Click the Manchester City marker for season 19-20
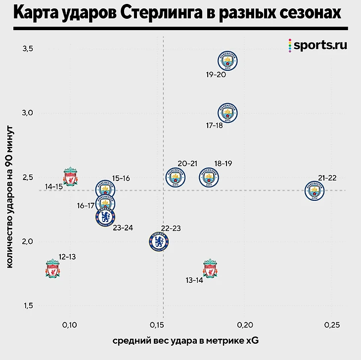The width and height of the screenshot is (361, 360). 228,61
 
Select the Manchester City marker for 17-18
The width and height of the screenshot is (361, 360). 228,113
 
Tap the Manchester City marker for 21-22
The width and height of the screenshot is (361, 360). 315,190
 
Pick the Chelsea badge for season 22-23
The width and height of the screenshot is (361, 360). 158,242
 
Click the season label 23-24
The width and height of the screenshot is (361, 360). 122,228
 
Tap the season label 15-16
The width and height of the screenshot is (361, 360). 121,178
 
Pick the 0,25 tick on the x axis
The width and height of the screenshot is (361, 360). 331,325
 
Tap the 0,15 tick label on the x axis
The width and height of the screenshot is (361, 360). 156,325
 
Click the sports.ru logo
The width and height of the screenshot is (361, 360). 318,45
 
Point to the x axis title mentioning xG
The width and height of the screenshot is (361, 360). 185,341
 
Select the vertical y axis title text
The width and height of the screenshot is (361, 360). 10,197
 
